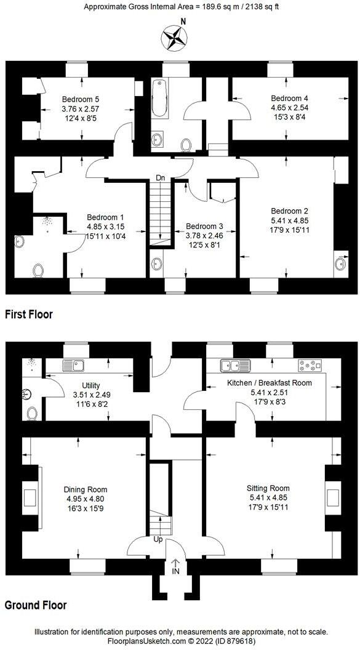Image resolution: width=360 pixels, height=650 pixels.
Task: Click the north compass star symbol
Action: coord(174,38)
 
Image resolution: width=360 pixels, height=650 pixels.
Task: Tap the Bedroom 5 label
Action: coord(81,98)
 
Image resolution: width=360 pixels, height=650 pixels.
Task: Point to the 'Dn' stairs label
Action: coord(160,178)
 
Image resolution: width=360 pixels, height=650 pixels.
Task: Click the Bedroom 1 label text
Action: coord(105,217)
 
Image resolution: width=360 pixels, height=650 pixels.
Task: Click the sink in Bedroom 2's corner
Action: coord(340,263)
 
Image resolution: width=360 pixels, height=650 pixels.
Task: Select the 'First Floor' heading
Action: coord(29,314)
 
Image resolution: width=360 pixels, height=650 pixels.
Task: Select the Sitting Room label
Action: coord(267,489)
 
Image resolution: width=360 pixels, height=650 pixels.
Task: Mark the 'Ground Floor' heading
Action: coord(36,604)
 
